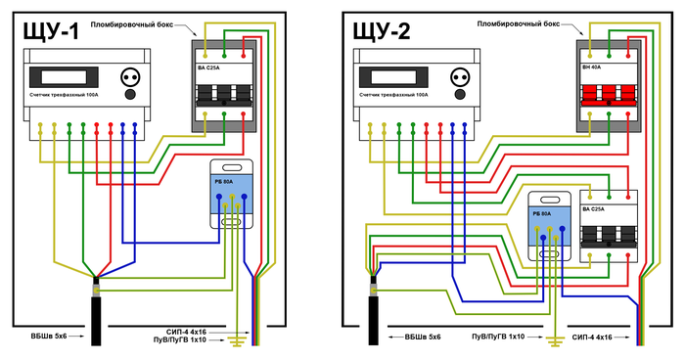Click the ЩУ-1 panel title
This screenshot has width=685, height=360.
(x=52, y=31)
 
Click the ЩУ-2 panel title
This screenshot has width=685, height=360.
(x=382, y=31)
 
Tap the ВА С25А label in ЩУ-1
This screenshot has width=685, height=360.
(x=208, y=67)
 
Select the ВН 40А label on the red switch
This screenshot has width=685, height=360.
(x=592, y=67)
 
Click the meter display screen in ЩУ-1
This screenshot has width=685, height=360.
(x=64, y=77)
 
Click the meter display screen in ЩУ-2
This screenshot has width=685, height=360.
(x=393, y=77)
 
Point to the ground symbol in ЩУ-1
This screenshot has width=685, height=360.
(x=237, y=340)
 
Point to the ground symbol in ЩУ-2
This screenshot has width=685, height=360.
(x=555, y=340)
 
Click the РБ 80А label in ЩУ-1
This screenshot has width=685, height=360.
(x=224, y=181)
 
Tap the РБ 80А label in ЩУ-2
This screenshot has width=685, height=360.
(x=542, y=214)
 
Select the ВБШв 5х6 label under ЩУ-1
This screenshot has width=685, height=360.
(x=49, y=337)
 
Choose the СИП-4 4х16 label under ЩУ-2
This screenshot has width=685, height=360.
(x=592, y=337)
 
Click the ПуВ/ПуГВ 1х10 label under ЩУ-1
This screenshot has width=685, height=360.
(x=179, y=339)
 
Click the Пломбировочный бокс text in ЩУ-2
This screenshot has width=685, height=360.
(x=518, y=24)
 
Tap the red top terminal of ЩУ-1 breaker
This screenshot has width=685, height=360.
(x=244, y=56)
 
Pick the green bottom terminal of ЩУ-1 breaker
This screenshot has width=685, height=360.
(x=224, y=114)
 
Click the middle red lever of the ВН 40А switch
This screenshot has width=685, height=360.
(x=609, y=93)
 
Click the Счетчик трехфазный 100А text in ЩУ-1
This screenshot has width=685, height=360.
(x=65, y=94)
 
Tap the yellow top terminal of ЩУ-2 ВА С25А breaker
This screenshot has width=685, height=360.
(x=590, y=197)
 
